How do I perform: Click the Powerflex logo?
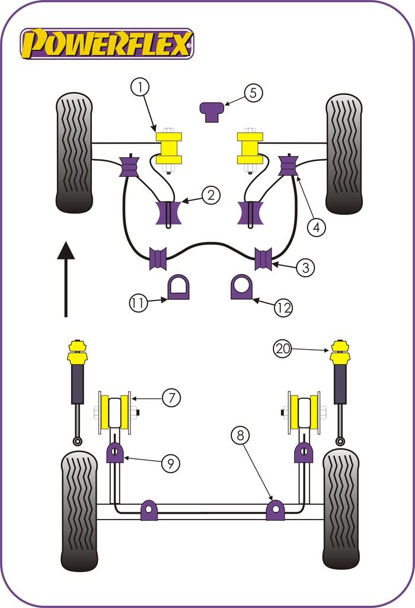[x=107, y=44]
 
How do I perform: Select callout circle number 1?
[x=141, y=88]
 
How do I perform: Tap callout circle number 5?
[x=252, y=93]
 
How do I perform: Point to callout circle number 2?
[x=210, y=195]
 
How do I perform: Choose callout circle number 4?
[x=317, y=226]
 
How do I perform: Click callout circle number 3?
[x=305, y=267]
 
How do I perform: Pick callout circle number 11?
[x=138, y=303]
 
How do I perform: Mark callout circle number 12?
[x=284, y=307]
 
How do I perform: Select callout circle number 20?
[x=283, y=350]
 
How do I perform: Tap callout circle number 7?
[x=171, y=398]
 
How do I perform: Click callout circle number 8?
[x=241, y=436]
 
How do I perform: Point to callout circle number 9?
[x=170, y=463]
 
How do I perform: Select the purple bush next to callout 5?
[x=212, y=111]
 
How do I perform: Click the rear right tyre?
[x=341, y=509]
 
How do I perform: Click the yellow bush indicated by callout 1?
[x=168, y=148]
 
